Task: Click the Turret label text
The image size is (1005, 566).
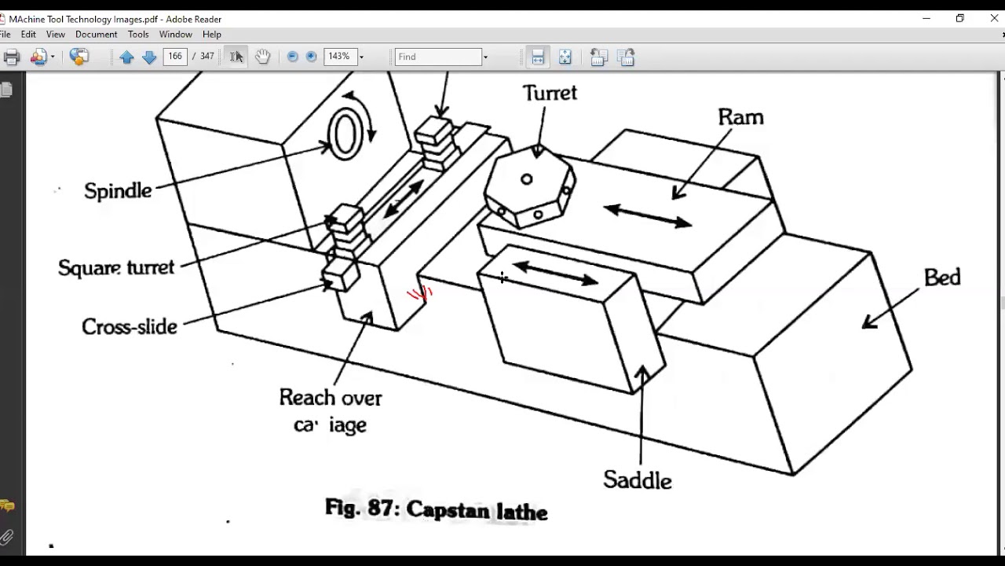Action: [x=550, y=93]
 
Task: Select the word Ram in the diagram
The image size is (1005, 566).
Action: [x=740, y=117]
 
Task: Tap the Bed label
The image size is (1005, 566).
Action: [x=941, y=277]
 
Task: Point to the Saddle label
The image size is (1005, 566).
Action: [x=637, y=480]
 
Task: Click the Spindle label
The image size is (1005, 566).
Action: [x=118, y=191]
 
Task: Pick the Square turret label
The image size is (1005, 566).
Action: [x=116, y=267]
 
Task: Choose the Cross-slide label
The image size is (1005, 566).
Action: [x=130, y=327]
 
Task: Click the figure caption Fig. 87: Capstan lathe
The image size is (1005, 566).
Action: [x=436, y=509]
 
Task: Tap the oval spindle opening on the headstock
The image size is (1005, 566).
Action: [x=344, y=134]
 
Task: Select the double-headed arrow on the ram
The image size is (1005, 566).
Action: [x=648, y=216]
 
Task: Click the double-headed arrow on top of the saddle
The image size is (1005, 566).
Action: [x=556, y=274]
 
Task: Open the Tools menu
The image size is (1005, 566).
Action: [x=138, y=35]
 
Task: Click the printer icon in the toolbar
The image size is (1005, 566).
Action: [x=11, y=57]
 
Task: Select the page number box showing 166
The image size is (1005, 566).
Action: [x=174, y=57]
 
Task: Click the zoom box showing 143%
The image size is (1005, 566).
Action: [x=339, y=57]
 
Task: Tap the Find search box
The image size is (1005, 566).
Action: [x=437, y=57]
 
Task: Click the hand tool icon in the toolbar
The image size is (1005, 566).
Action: [x=262, y=57]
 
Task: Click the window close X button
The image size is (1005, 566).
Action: [x=994, y=18]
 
